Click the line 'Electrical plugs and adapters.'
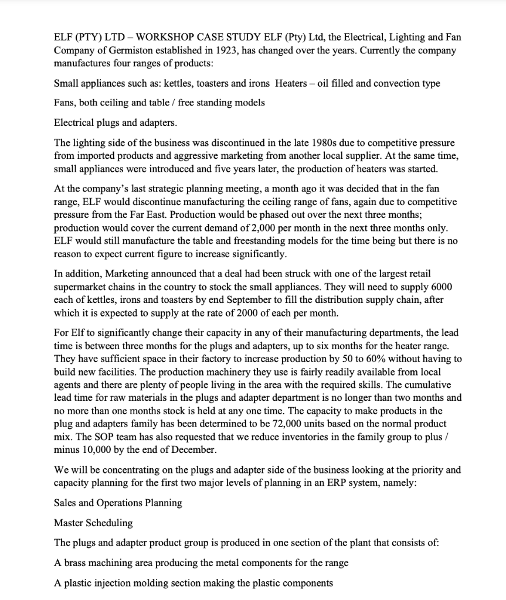(x=115, y=123)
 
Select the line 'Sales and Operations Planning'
(x=118, y=503)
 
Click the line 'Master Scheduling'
(x=93, y=523)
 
